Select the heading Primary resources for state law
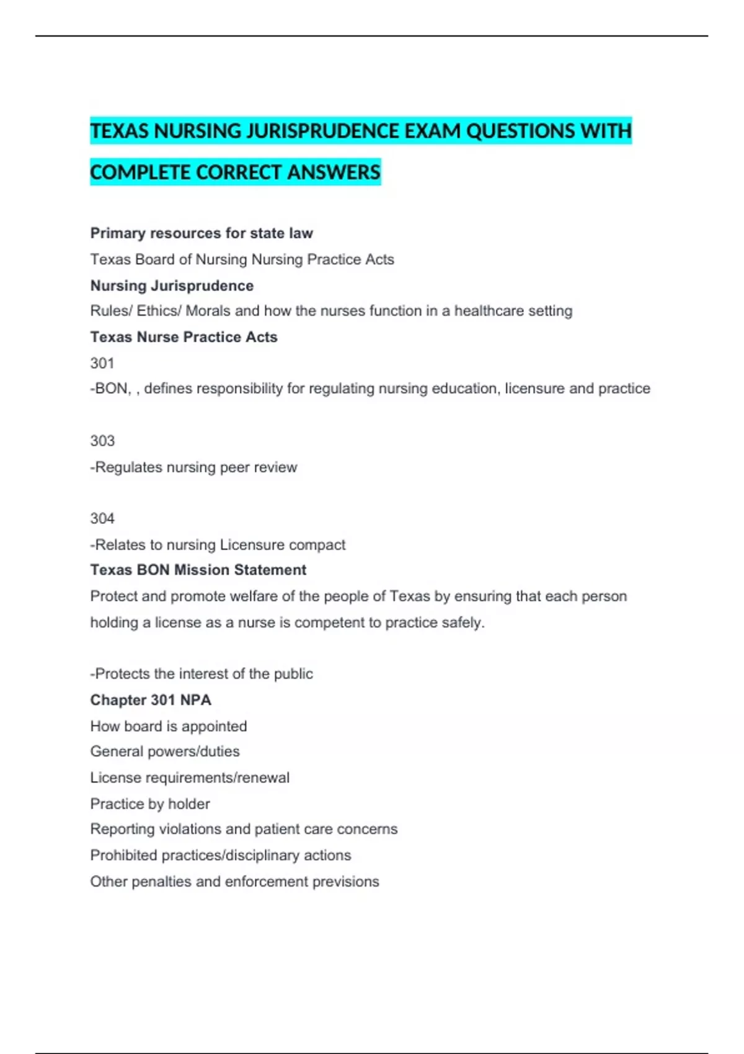[201, 233]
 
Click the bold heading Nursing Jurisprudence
[172, 286]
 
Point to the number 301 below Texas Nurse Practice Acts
[102, 363]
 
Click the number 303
[102, 441]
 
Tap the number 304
[102, 518]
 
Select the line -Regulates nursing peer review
[193, 467]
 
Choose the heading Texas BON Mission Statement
[198, 570]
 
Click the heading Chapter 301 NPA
[151, 700]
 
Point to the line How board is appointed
[169, 726]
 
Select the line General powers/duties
[165, 751]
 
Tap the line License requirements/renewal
[190, 777]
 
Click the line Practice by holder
[150, 804]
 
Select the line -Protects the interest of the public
[201, 674]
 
